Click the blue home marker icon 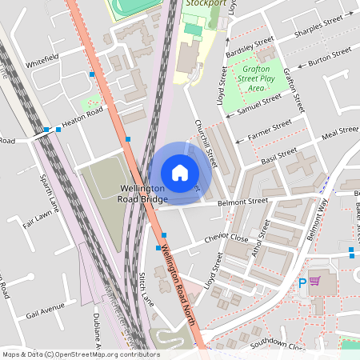click(180, 173)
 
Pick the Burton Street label click(330, 56)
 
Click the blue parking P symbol click(302, 282)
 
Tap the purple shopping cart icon click(314, 281)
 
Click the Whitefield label click(42, 61)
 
